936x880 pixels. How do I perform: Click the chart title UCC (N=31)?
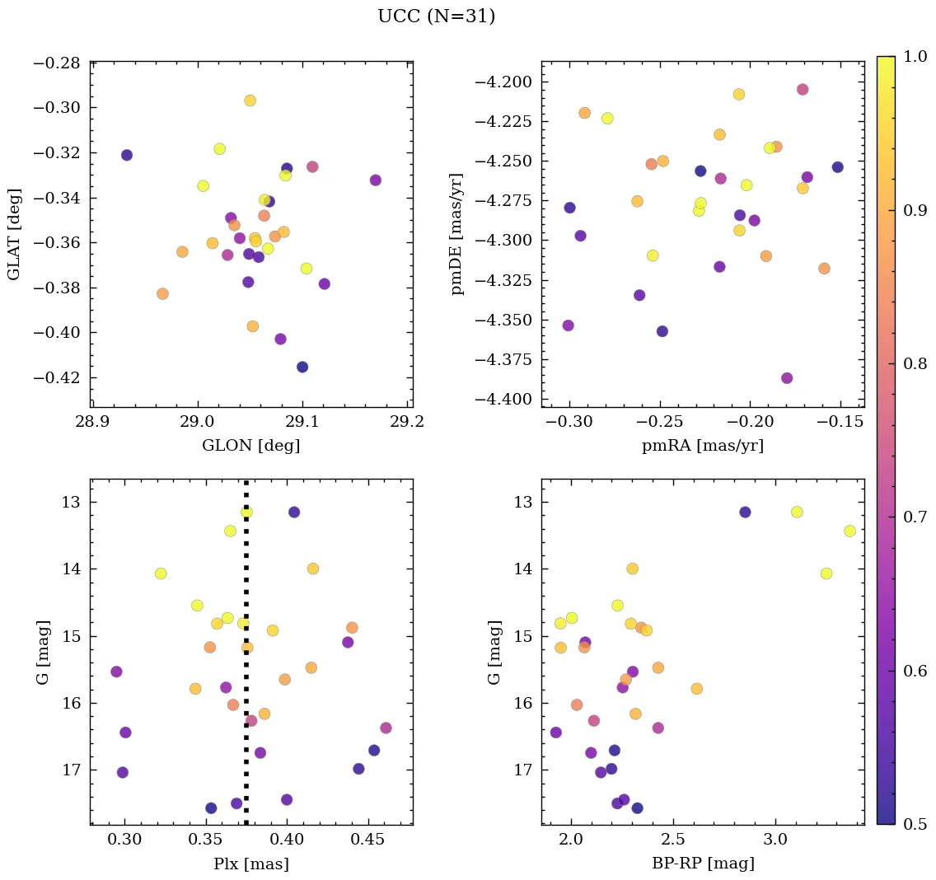point(436,16)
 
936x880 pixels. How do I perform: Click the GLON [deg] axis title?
point(250,446)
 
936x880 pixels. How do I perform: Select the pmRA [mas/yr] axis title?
point(702,446)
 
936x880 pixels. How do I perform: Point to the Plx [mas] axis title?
point(250,864)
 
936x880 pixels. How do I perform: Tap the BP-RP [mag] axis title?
point(702,864)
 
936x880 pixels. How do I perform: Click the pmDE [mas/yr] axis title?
point(457,234)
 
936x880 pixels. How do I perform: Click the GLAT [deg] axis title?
point(15,234)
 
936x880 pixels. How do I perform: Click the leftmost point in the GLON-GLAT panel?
point(126,155)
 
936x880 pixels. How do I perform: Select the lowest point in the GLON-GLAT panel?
point(302,367)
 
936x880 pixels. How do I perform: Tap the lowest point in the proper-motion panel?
point(787,378)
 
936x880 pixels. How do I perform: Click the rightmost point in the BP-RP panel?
point(849,531)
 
